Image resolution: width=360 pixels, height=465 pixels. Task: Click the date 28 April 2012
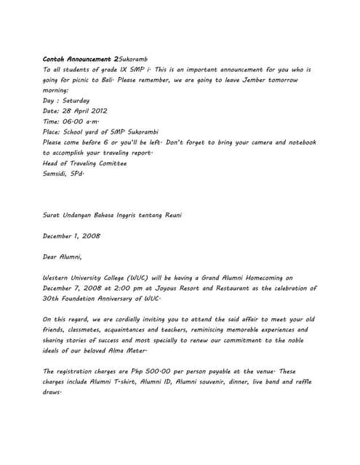pyautogui.click(x=86, y=111)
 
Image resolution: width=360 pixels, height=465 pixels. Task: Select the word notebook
pyautogui.click(x=295, y=143)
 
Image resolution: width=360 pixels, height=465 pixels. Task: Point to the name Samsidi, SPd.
pyautogui.click(x=64, y=174)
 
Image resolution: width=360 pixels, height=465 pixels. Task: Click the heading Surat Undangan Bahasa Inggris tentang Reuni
pyautogui.click(x=112, y=216)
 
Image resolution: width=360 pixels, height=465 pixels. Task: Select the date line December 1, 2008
pyautogui.click(x=71, y=236)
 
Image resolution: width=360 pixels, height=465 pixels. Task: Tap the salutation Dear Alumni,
pyautogui.click(x=63, y=256)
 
